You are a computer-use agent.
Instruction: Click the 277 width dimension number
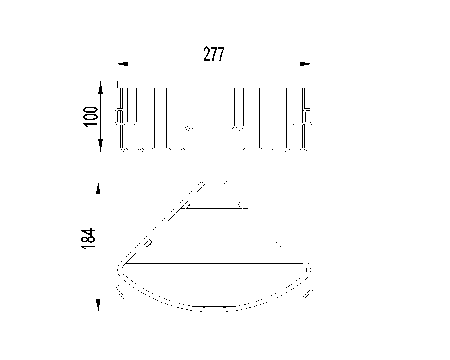click(214, 54)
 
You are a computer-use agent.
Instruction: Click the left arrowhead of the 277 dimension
click(121, 64)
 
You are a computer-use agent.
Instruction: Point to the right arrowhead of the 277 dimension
click(306, 64)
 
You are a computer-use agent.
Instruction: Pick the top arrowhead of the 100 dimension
click(101, 87)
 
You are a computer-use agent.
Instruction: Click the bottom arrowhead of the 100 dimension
click(101, 146)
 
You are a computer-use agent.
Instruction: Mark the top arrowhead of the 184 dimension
click(98, 188)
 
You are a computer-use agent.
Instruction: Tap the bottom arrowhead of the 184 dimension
click(98, 306)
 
